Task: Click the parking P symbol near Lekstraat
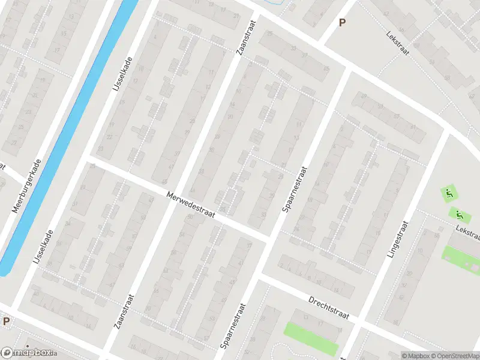click(343, 23)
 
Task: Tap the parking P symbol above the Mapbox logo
click(6, 322)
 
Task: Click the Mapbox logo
click(27, 353)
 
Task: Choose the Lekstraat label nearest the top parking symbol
click(397, 43)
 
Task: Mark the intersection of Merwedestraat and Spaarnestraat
click(268, 238)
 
